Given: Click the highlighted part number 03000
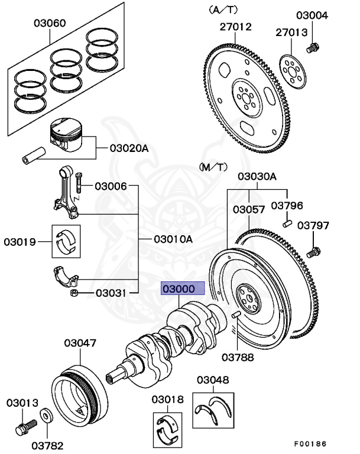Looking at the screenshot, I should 183,288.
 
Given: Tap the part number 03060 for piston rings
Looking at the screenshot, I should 50,24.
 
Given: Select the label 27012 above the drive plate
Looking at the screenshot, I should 236,27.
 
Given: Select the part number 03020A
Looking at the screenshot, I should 128,148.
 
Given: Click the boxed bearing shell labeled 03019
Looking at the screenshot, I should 66,242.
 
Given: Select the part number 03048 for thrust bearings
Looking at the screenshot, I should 213,380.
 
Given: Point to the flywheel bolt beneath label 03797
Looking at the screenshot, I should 314,252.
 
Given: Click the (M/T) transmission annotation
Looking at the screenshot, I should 213,167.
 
